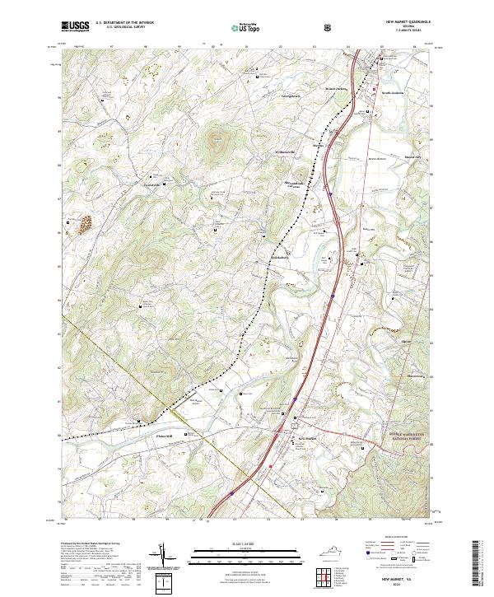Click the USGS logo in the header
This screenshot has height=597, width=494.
(x=73, y=26)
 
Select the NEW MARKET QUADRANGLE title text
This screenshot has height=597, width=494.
(x=406, y=22)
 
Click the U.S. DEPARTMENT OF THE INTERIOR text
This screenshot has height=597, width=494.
(x=123, y=23)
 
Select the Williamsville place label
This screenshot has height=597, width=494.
(x=273, y=153)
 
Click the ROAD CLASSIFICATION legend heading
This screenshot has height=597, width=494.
(x=390, y=541)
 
